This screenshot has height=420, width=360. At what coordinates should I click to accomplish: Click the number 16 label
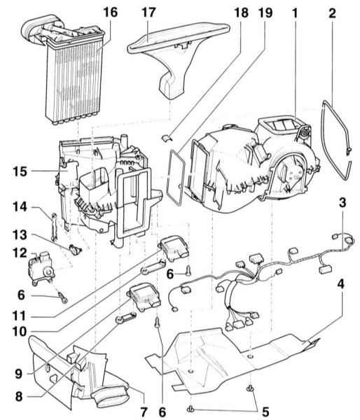[111, 13]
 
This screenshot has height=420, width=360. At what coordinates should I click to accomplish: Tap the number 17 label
[148, 13]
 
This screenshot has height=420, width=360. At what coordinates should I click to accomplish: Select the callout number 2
[332, 13]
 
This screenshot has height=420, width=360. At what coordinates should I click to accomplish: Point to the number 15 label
[20, 171]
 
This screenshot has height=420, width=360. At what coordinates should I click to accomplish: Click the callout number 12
[20, 253]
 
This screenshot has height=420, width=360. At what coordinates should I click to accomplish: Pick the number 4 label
[340, 284]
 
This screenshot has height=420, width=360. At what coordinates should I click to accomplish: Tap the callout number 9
[18, 374]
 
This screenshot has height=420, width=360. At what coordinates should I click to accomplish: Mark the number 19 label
[265, 13]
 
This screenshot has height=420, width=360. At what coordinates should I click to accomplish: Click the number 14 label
[20, 207]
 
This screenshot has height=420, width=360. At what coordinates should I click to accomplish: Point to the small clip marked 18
[165, 138]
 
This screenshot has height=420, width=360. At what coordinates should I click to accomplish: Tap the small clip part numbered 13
[75, 250]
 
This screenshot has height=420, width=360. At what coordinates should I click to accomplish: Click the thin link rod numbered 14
[54, 227]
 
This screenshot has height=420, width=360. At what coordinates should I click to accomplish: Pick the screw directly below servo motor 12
[62, 297]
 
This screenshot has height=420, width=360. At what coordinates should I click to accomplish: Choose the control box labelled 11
[174, 248]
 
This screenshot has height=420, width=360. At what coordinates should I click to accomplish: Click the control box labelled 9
[145, 298]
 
